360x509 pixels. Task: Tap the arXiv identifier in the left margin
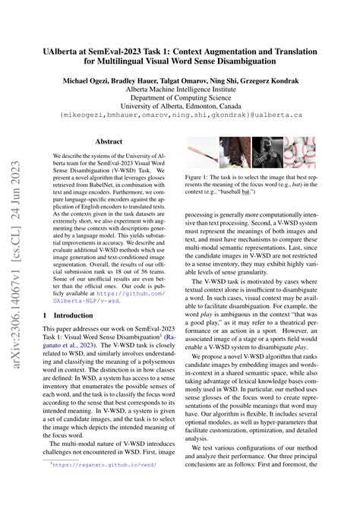tap(15, 251)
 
